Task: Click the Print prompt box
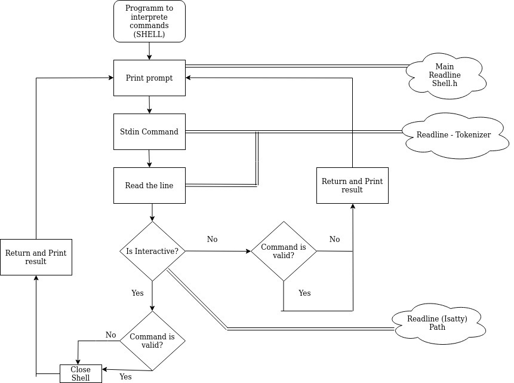tap(149, 78)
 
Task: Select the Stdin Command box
tap(149, 131)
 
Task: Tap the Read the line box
tap(149, 185)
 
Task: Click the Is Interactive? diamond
tap(152, 251)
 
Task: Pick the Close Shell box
tap(81, 373)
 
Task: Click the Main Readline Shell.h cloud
tap(444, 75)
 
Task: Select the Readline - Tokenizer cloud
tap(454, 135)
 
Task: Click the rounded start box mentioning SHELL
tap(149, 22)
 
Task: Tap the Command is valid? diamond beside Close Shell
tap(152, 341)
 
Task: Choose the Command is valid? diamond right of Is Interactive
tap(284, 252)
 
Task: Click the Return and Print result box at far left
tap(36, 257)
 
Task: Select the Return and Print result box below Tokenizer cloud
tap(352, 185)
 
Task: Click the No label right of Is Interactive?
tap(213, 239)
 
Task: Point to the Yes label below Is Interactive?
tap(137, 293)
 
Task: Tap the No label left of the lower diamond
tap(111, 335)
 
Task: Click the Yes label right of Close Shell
tap(125, 376)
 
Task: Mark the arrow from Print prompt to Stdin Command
tap(149, 105)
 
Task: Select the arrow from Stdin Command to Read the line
tap(149, 158)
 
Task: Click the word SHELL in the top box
tap(149, 35)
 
